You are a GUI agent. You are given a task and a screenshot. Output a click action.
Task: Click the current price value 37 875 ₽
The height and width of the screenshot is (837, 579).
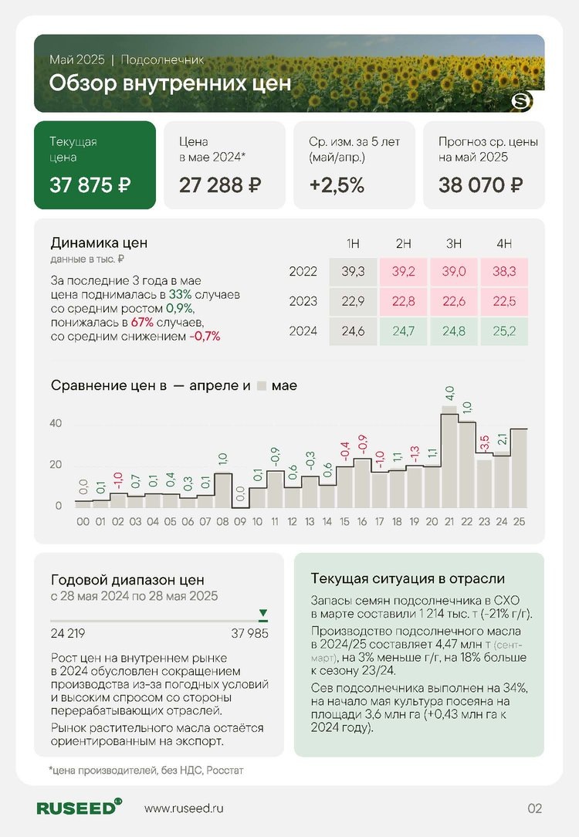[90, 185]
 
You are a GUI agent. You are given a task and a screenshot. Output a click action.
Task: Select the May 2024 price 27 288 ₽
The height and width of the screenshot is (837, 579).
[220, 185]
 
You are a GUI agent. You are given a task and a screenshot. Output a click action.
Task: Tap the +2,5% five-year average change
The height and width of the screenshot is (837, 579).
[337, 185]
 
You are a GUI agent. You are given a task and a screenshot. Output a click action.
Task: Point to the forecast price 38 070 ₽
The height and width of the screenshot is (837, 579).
[481, 185]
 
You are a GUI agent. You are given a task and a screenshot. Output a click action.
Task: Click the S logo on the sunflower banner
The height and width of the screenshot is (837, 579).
[522, 101]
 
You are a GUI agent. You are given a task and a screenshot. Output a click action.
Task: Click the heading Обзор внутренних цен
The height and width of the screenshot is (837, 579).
[170, 83]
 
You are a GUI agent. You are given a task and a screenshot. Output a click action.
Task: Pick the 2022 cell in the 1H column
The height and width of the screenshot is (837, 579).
[353, 272]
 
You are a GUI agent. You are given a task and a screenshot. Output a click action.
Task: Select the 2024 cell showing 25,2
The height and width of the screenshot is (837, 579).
[504, 331]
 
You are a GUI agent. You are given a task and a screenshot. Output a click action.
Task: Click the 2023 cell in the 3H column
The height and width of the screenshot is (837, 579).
[454, 301]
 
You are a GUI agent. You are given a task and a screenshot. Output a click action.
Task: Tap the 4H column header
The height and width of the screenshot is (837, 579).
[504, 244]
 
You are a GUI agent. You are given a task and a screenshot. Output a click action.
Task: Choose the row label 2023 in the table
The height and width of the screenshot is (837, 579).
[303, 301]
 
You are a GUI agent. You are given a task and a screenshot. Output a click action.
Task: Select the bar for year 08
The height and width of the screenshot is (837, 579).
[223, 490]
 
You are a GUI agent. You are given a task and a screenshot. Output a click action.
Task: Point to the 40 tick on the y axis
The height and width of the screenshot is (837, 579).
[56, 423]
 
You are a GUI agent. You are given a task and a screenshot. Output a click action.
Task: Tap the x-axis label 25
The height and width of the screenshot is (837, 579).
[519, 522]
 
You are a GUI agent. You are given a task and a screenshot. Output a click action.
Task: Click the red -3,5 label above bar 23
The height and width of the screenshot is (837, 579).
[484, 444]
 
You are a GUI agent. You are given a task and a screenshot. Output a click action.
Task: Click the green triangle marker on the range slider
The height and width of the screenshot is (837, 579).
[263, 614]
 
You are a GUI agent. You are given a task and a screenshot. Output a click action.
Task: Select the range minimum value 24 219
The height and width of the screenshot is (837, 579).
[70, 634]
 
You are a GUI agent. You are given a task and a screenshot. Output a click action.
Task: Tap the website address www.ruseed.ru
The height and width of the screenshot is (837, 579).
[184, 808]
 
